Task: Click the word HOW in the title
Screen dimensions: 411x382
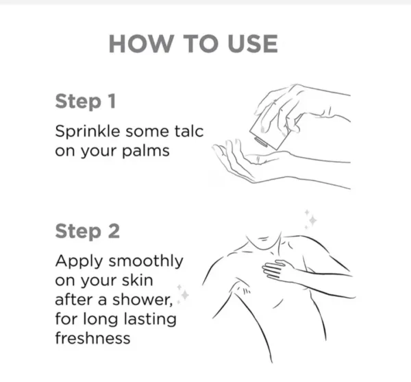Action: [x=142, y=44]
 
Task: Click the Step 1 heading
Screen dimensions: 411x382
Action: [x=86, y=102]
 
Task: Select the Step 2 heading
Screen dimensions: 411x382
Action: [x=88, y=232]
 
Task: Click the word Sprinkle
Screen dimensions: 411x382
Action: [x=88, y=132]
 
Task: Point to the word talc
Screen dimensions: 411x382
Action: [x=189, y=131]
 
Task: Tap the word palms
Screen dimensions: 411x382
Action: [x=146, y=152]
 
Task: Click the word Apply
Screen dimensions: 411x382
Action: [x=79, y=261]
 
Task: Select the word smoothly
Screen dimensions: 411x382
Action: [x=146, y=261]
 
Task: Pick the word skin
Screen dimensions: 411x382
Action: [x=137, y=280]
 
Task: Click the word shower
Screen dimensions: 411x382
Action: [x=142, y=300]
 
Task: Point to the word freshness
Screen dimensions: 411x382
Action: [x=92, y=338]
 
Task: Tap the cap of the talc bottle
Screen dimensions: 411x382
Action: [x=260, y=142]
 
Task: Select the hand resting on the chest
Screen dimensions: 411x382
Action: [x=277, y=271]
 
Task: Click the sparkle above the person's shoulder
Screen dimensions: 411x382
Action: [x=311, y=220]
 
